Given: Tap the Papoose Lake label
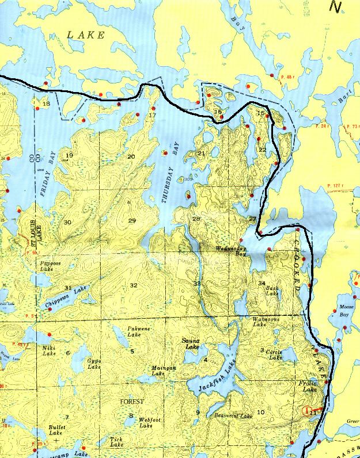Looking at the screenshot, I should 51,266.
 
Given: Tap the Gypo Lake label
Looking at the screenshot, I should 94,364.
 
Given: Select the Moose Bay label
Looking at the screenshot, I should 344,311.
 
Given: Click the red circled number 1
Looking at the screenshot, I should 306,411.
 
